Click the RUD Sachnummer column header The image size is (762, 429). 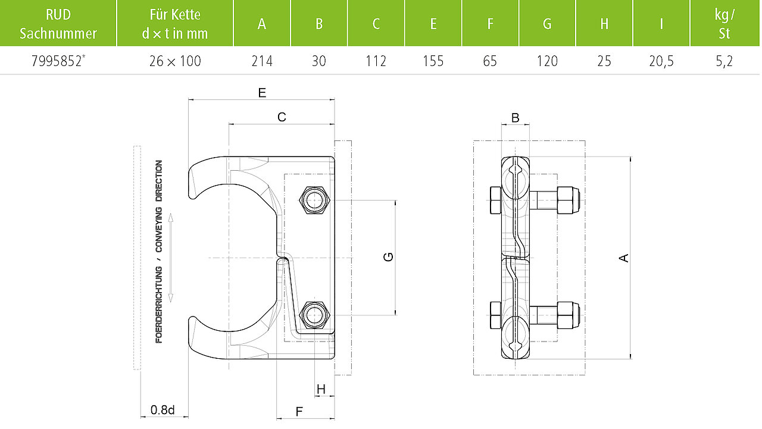pos(58,24)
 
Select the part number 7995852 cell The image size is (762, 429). pos(58,61)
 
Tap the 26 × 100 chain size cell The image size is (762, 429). pos(175,61)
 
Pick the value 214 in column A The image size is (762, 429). pos(262,61)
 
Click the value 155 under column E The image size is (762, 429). pos(433,61)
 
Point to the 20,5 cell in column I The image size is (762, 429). pos(661,61)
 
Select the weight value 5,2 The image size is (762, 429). pos(724,61)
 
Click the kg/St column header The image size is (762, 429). pos(724,24)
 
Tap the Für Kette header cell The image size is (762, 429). pos(175,24)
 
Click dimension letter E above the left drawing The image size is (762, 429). pos(262,92)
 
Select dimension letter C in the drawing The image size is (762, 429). pos(282,117)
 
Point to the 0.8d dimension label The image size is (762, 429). pos(163,409)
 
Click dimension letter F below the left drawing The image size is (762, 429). pos(299,412)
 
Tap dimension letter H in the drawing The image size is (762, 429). pos(321,389)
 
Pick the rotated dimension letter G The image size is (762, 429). pos(388,256)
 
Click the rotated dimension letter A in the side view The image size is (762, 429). pos(623,258)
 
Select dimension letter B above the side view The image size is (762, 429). pos(516,118)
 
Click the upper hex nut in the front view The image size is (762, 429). pos(314,201)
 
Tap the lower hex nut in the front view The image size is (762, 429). pos(314,315)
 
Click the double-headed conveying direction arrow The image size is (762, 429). pos(171,258)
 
